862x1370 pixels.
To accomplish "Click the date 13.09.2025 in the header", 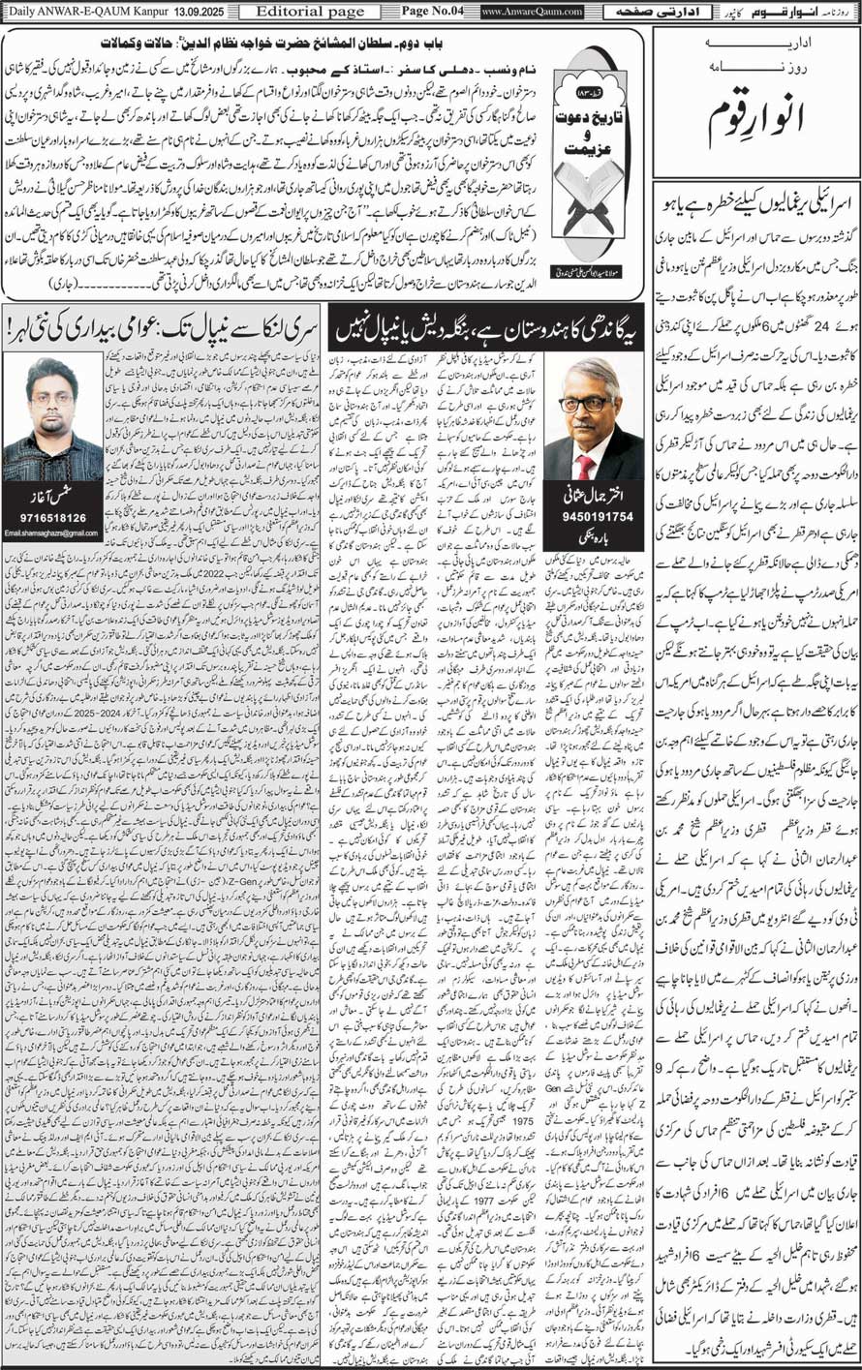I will click(198, 12).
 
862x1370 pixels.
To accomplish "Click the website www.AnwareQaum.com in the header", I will click(532, 12).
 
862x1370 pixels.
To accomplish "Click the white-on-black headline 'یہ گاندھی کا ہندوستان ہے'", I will click(489, 332).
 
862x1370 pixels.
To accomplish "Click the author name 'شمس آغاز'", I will click(53, 498).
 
